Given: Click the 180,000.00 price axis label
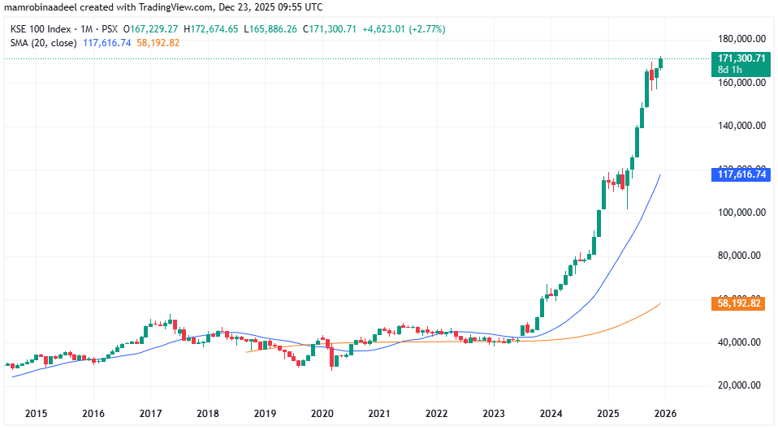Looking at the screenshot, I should [x=742, y=39].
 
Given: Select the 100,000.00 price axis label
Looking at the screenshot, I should [x=739, y=213].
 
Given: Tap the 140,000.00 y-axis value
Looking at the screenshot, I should [x=739, y=126].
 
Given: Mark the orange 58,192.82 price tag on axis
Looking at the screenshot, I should [x=739, y=303].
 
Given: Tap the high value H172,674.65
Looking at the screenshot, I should [x=211, y=29].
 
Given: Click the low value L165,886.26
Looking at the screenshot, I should [x=270, y=29].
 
